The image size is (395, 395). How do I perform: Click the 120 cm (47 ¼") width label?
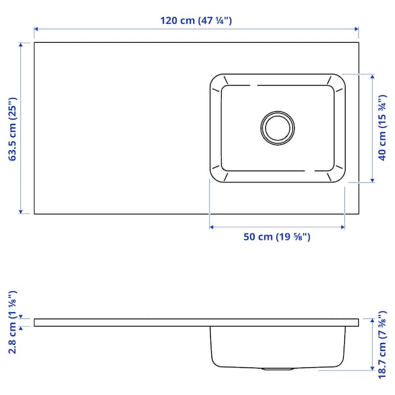click(196, 20)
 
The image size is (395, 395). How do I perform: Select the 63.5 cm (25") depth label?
click(11, 128)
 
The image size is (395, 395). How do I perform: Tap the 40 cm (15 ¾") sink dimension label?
click(382, 128)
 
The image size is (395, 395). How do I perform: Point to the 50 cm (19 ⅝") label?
click(276, 237)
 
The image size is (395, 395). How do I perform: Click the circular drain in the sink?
click(276, 127)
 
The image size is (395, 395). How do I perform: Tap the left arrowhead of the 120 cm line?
click(37, 29)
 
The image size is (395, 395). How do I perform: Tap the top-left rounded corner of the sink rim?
click(215, 79)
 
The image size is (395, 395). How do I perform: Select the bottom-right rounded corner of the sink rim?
click(340, 177)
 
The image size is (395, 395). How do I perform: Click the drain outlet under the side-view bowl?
click(276, 369)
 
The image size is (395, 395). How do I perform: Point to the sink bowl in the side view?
click(276, 346)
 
